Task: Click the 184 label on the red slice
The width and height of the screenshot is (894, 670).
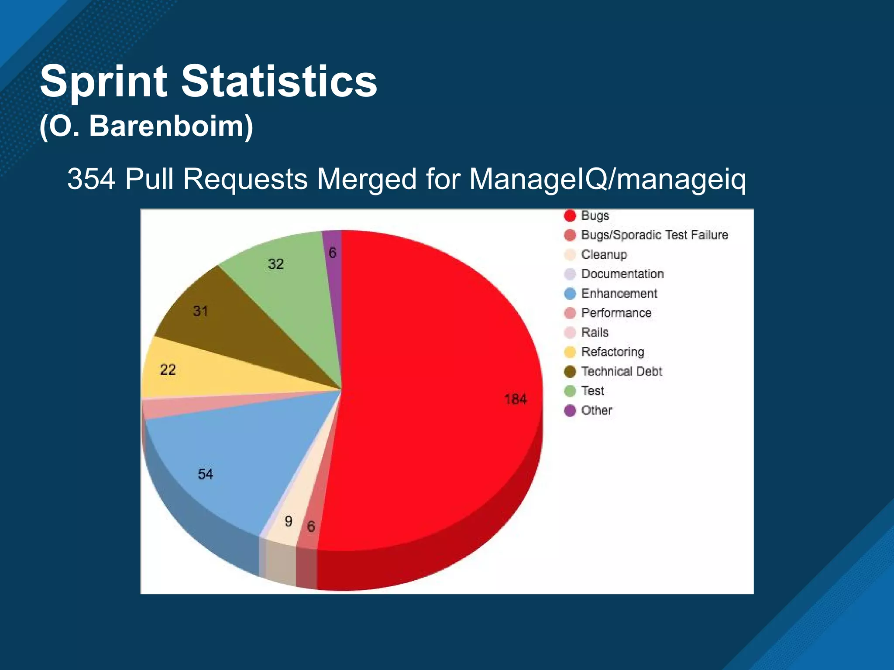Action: pos(515,399)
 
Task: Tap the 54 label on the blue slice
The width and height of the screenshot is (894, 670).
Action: pos(205,474)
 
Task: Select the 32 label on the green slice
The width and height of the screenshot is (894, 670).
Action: pos(275,264)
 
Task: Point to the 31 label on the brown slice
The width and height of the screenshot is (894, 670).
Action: pos(200,311)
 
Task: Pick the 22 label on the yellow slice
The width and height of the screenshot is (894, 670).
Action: pos(168,370)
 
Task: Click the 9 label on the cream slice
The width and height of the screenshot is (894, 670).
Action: pos(288,521)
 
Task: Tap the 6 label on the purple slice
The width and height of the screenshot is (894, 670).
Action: pos(333,253)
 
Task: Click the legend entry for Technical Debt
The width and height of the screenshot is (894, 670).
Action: pos(621,371)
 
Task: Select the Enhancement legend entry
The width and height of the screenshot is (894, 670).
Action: pos(619,294)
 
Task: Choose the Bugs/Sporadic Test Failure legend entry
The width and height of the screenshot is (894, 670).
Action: pos(654,235)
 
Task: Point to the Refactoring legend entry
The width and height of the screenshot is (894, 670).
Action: pos(612,352)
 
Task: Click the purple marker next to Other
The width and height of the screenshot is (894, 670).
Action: pos(570,410)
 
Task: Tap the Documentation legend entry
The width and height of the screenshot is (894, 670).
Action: pos(622,274)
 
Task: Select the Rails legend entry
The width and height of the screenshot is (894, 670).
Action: pos(595,332)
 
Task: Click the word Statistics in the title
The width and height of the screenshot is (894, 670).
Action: pos(279,81)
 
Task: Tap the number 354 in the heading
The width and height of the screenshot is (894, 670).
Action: pos(91,179)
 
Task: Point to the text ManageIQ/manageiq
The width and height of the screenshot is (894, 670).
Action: pos(607,179)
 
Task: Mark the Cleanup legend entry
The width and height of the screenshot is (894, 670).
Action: pos(604,254)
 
